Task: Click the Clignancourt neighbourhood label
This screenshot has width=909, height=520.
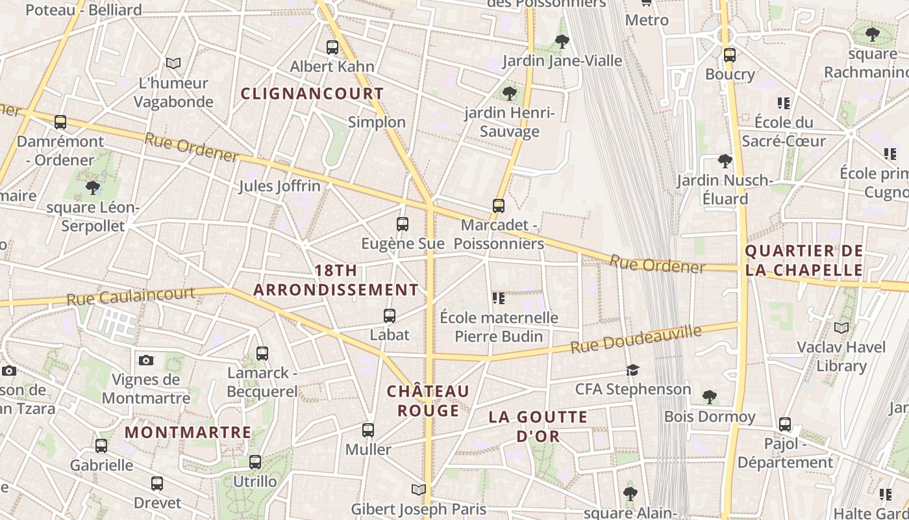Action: click(312, 94)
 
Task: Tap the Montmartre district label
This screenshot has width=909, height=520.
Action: click(188, 432)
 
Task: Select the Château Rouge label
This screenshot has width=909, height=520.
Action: click(428, 401)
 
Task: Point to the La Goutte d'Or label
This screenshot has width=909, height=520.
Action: click(538, 426)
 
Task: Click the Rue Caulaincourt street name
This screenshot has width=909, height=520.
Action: click(131, 296)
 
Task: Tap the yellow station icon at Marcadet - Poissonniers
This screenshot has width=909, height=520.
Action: click(498, 206)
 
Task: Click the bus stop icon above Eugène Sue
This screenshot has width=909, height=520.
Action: click(403, 224)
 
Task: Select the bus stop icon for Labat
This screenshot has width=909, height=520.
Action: click(390, 316)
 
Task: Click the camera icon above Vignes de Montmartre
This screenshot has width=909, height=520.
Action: click(146, 360)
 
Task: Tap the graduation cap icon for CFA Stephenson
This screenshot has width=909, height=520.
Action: click(632, 370)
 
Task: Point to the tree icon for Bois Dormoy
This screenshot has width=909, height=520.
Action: click(710, 397)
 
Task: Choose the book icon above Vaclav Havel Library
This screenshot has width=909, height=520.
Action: click(841, 328)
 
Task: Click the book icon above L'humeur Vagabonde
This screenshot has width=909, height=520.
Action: click(173, 63)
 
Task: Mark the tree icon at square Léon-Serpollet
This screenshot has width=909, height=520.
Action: click(92, 188)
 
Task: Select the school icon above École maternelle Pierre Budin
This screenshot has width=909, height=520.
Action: click(499, 298)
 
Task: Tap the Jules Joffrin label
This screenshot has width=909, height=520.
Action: click(279, 186)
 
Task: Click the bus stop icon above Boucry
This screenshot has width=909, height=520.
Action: click(730, 55)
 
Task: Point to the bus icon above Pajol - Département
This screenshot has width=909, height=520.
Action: click(785, 424)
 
